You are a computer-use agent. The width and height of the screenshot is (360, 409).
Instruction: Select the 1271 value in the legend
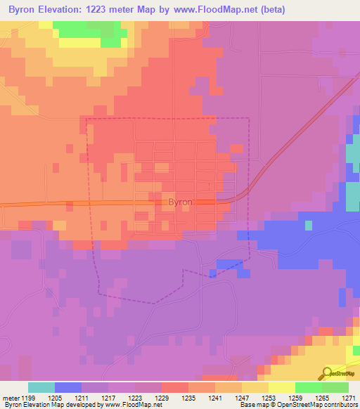click(348, 398)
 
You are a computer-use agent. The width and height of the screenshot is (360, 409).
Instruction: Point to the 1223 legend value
click(135, 398)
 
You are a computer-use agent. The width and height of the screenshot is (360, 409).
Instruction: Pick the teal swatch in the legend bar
click(41, 387)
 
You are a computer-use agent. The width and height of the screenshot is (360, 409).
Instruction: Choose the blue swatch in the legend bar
click(68, 387)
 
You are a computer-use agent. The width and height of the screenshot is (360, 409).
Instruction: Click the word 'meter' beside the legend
click(10, 398)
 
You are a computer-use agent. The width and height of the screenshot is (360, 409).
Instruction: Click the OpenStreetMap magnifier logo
click(326, 373)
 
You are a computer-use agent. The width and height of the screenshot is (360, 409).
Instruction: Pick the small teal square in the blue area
click(308, 226)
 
